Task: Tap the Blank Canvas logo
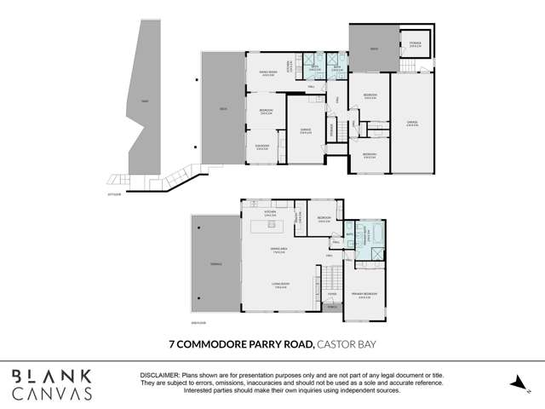52,384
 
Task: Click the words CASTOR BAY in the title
347,345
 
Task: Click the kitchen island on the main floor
271,225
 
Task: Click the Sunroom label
262,147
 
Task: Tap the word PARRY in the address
261,345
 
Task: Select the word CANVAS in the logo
52,394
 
